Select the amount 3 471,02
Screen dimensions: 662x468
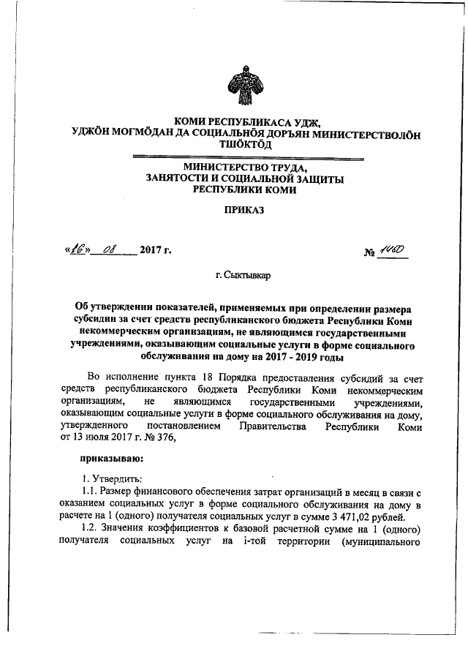[x=346, y=516]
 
